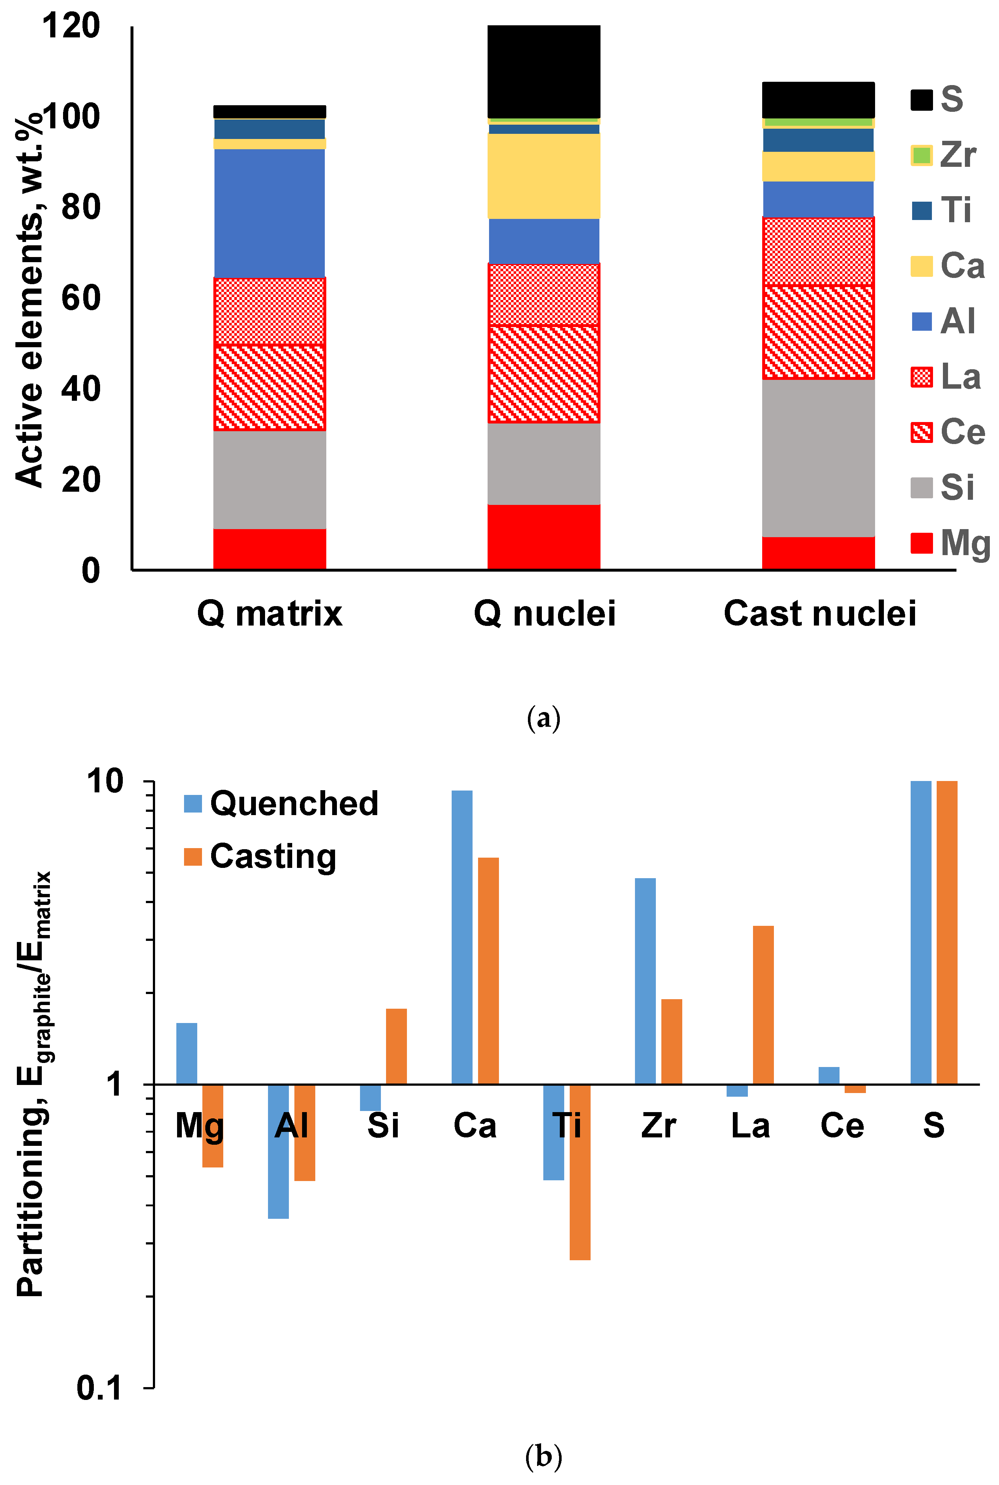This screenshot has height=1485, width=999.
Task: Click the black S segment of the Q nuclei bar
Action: click(x=543, y=71)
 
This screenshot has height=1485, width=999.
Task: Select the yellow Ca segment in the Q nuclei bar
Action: click(x=543, y=176)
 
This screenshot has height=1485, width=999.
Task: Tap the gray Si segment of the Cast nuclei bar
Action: click(x=818, y=458)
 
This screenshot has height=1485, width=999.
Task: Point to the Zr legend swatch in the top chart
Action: click(x=921, y=155)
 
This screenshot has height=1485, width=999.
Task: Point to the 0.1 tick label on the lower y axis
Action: click(x=99, y=1387)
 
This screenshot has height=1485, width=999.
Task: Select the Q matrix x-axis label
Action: click(x=269, y=613)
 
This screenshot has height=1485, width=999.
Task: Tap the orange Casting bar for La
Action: click(x=763, y=1005)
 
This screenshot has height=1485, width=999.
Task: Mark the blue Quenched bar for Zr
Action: click(x=645, y=981)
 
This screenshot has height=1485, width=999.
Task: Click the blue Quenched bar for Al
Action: click(x=278, y=1151)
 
